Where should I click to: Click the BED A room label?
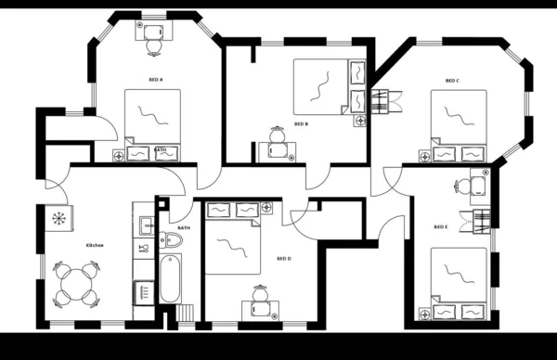click(155, 81)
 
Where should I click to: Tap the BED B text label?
click(301, 123)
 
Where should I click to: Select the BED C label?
click(452, 81)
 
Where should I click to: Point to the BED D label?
click(284, 259)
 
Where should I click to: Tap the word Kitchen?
click(95, 245)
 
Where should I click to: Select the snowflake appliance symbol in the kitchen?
click(58, 220)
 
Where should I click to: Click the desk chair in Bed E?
click(461, 186)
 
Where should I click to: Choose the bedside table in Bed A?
click(118, 156)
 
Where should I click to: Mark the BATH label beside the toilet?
click(183, 227)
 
